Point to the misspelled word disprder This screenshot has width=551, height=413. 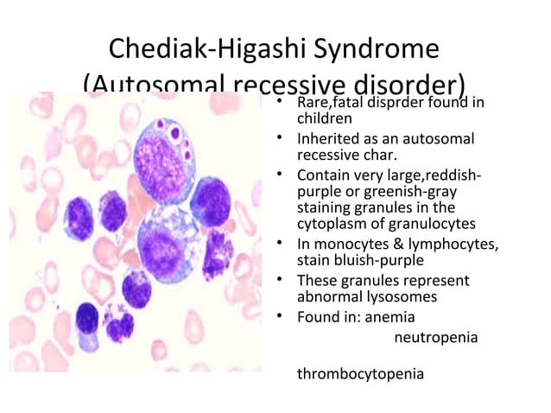tap(417, 105)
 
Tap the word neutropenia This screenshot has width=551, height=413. tap(435, 335)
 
